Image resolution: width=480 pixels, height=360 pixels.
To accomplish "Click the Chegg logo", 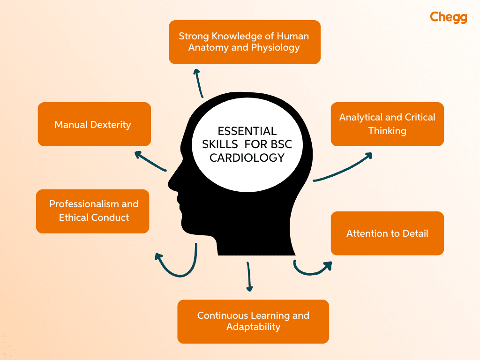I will click(448, 18).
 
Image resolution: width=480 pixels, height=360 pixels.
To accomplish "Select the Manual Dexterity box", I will click(94, 124).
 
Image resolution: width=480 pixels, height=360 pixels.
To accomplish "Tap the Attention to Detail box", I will click(387, 233).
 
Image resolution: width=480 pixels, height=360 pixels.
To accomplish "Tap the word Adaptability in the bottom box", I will click(253, 327).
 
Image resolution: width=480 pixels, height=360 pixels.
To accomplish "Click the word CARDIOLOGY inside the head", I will click(247, 158).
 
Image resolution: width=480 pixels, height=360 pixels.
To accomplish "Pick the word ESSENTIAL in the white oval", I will click(247, 131).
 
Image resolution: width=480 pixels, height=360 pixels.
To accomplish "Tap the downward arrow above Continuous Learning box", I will click(249, 277).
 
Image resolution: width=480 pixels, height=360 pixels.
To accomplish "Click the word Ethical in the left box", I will click(75, 217).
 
